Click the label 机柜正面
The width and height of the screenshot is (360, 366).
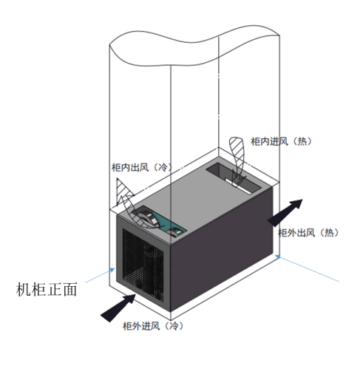tap(47, 289)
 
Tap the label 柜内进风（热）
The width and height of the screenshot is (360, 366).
tap(281, 141)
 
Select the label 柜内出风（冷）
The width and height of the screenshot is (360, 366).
tap(142, 168)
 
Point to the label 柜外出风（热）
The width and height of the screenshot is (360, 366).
tap(308, 233)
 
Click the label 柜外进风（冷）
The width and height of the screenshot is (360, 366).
tap(153, 326)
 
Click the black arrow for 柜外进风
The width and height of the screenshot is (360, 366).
tap(118, 308)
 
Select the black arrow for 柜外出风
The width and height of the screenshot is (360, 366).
tap(285, 212)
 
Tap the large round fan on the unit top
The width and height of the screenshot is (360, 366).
tap(146, 218)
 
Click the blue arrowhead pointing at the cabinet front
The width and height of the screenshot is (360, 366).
tap(112, 270)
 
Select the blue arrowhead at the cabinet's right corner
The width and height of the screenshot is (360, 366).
tap(278, 257)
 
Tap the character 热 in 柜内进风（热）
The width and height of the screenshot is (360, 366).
tap(302, 141)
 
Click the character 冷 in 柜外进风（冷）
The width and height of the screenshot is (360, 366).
tap(174, 326)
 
